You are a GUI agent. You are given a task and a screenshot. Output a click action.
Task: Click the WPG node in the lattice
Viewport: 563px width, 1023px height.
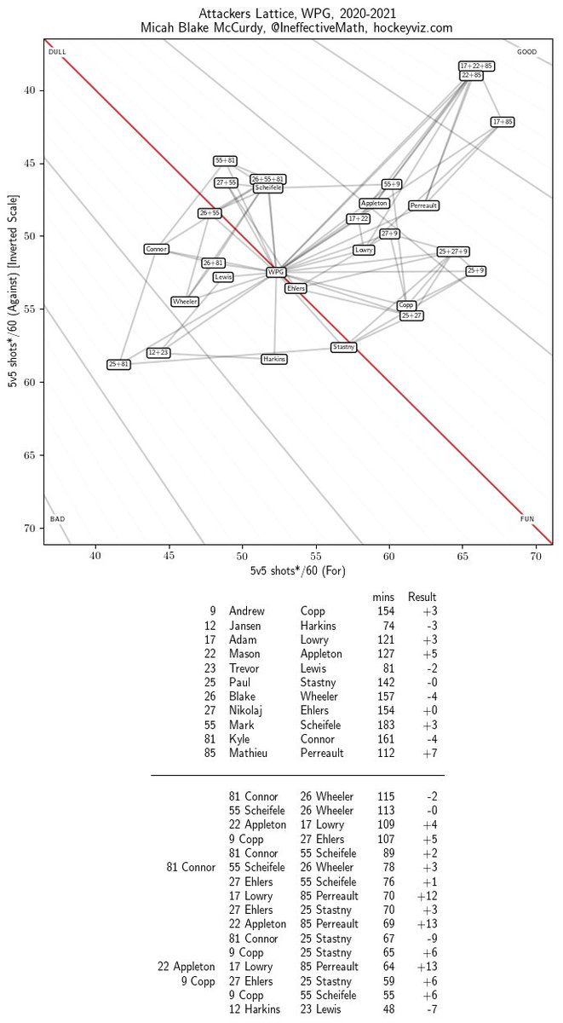pos(276,273)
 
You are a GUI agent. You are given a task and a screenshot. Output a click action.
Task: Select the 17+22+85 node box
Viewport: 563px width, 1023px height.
pos(476,66)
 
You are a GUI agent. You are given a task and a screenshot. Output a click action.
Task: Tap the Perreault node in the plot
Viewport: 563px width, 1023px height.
pos(423,205)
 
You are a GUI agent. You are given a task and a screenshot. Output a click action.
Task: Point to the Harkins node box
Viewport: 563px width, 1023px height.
pos(274,360)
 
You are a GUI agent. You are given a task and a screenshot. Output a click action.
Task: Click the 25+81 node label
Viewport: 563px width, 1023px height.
pos(119,364)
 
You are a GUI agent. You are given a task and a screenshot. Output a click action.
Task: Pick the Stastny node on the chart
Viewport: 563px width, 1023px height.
pos(344,347)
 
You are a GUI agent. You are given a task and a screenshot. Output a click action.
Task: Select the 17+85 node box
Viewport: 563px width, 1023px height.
pos(503,122)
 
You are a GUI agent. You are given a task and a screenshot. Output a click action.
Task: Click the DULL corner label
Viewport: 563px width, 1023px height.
pos(57,52)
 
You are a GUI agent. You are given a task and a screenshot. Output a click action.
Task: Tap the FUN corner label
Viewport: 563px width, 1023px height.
pos(528,518)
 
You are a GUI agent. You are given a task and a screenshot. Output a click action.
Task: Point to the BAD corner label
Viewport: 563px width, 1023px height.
pos(57,518)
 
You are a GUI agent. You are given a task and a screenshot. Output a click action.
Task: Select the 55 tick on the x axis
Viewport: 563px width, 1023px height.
pos(316,555)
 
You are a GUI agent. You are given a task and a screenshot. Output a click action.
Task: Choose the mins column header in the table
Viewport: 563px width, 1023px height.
pos(383,597)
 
